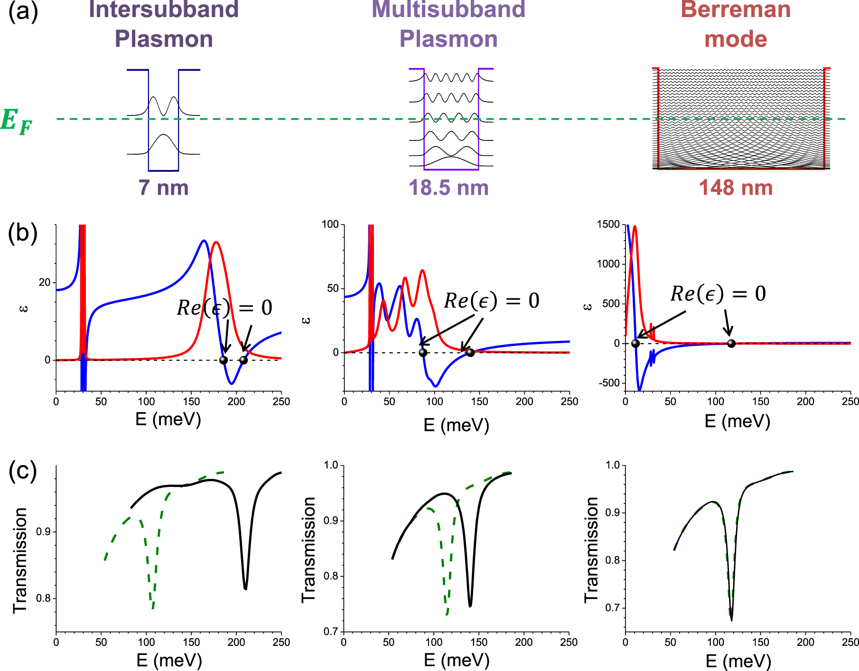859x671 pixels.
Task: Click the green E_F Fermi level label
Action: (17, 121)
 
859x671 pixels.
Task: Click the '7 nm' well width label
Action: (163, 187)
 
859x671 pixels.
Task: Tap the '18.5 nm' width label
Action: (448, 187)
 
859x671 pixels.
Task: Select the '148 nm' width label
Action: (736, 187)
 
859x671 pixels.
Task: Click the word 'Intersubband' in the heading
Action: (163, 9)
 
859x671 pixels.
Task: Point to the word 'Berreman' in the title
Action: (736, 9)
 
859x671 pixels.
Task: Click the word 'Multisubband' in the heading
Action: (448, 9)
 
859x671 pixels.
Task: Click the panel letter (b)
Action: (23, 233)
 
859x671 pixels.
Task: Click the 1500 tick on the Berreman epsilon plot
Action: (608, 224)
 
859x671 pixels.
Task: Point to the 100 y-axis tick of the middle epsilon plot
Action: (330, 224)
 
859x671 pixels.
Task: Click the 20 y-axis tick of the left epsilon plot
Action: (44, 283)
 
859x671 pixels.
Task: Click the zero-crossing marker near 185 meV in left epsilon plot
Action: (224, 360)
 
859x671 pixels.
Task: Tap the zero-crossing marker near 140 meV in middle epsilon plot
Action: (470, 353)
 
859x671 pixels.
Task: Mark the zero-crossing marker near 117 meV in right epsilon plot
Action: (731, 344)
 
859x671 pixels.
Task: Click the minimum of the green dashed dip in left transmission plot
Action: (152, 608)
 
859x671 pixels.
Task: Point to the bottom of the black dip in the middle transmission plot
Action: (470, 606)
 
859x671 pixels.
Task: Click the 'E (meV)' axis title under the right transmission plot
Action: (738, 661)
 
